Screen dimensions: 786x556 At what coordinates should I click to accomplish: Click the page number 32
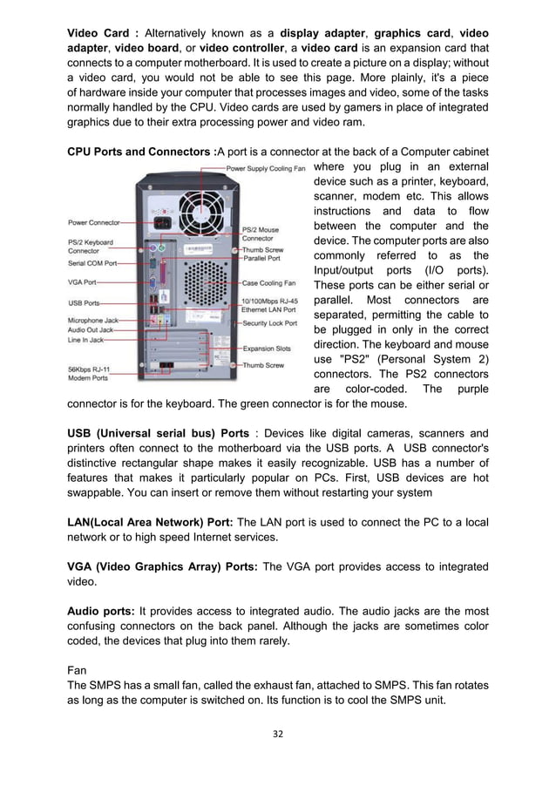pyautogui.click(x=278, y=733)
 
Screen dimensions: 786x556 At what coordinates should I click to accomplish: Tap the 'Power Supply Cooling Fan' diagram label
pyautogui.click(x=265, y=167)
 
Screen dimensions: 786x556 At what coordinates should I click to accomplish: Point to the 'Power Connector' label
pyautogui.click(x=94, y=222)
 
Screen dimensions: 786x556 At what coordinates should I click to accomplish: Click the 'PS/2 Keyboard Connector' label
pyautogui.click(x=90, y=246)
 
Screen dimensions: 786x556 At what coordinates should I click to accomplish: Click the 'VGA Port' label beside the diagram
pyautogui.click(x=82, y=282)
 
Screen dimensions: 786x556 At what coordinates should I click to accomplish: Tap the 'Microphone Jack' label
pyautogui.click(x=92, y=320)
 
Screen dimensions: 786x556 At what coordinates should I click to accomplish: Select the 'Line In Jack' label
pyautogui.click(x=86, y=339)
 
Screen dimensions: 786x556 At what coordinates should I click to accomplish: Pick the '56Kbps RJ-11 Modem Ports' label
pyautogui.click(x=89, y=373)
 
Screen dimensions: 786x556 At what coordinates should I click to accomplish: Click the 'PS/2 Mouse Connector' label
pyautogui.click(x=261, y=233)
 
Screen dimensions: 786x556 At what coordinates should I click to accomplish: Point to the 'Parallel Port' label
pyautogui.click(x=261, y=258)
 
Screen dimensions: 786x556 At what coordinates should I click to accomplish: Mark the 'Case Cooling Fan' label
pyautogui.click(x=268, y=282)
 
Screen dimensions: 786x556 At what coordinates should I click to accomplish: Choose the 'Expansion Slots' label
pyautogui.click(x=266, y=349)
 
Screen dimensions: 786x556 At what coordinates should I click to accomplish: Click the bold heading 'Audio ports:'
pyautogui.click(x=99, y=611)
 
